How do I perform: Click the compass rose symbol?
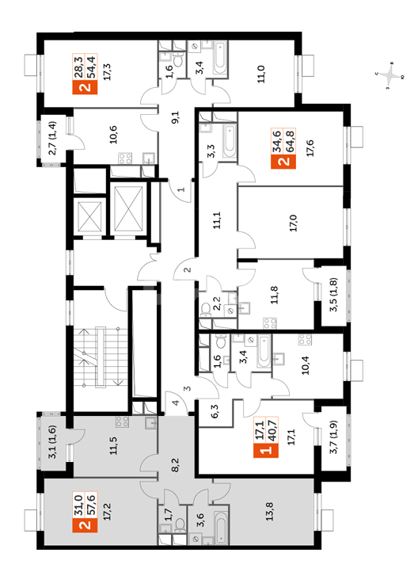pos(390,77)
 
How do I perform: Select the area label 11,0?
pos(261,74)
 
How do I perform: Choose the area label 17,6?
pos(310,148)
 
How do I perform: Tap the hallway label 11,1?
pos(217,220)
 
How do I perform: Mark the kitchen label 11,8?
pos(274,295)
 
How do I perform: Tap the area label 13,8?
pos(270,512)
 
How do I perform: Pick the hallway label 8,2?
pos(175,464)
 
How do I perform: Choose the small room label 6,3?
pos(215,411)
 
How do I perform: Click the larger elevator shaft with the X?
pos(128,208)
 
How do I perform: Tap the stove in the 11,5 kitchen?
pos(123,422)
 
